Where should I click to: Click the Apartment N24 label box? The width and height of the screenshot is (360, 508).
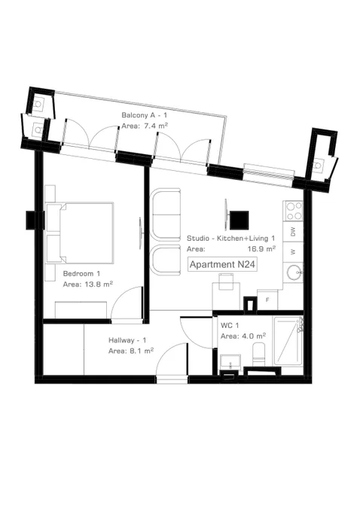[222, 264]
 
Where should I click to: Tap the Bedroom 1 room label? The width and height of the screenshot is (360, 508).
[82, 273]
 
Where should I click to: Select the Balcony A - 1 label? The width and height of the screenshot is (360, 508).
[145, 115]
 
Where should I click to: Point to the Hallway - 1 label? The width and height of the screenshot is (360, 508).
[127, 340]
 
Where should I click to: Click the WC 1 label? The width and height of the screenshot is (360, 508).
[230, 325]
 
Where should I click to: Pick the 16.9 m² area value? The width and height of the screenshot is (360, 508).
[262, 249]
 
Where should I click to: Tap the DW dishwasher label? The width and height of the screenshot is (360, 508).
[293, 232]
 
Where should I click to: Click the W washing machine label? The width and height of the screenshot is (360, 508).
[293, 251]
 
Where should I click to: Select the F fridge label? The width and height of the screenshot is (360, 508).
[267, 300]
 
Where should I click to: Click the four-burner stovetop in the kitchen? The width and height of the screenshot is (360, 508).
[293, 211]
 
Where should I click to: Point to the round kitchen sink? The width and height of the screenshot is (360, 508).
[294, 272]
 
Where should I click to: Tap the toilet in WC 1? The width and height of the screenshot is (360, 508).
[258, 354]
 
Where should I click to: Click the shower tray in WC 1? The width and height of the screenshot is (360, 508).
[288, 340]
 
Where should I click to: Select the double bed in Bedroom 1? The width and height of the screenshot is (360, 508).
[81, 233]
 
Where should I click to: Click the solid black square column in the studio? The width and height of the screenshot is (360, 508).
[239, 220]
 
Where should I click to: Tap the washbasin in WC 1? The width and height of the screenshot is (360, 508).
[230, 361]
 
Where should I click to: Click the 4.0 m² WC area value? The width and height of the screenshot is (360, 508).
[255, 336]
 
